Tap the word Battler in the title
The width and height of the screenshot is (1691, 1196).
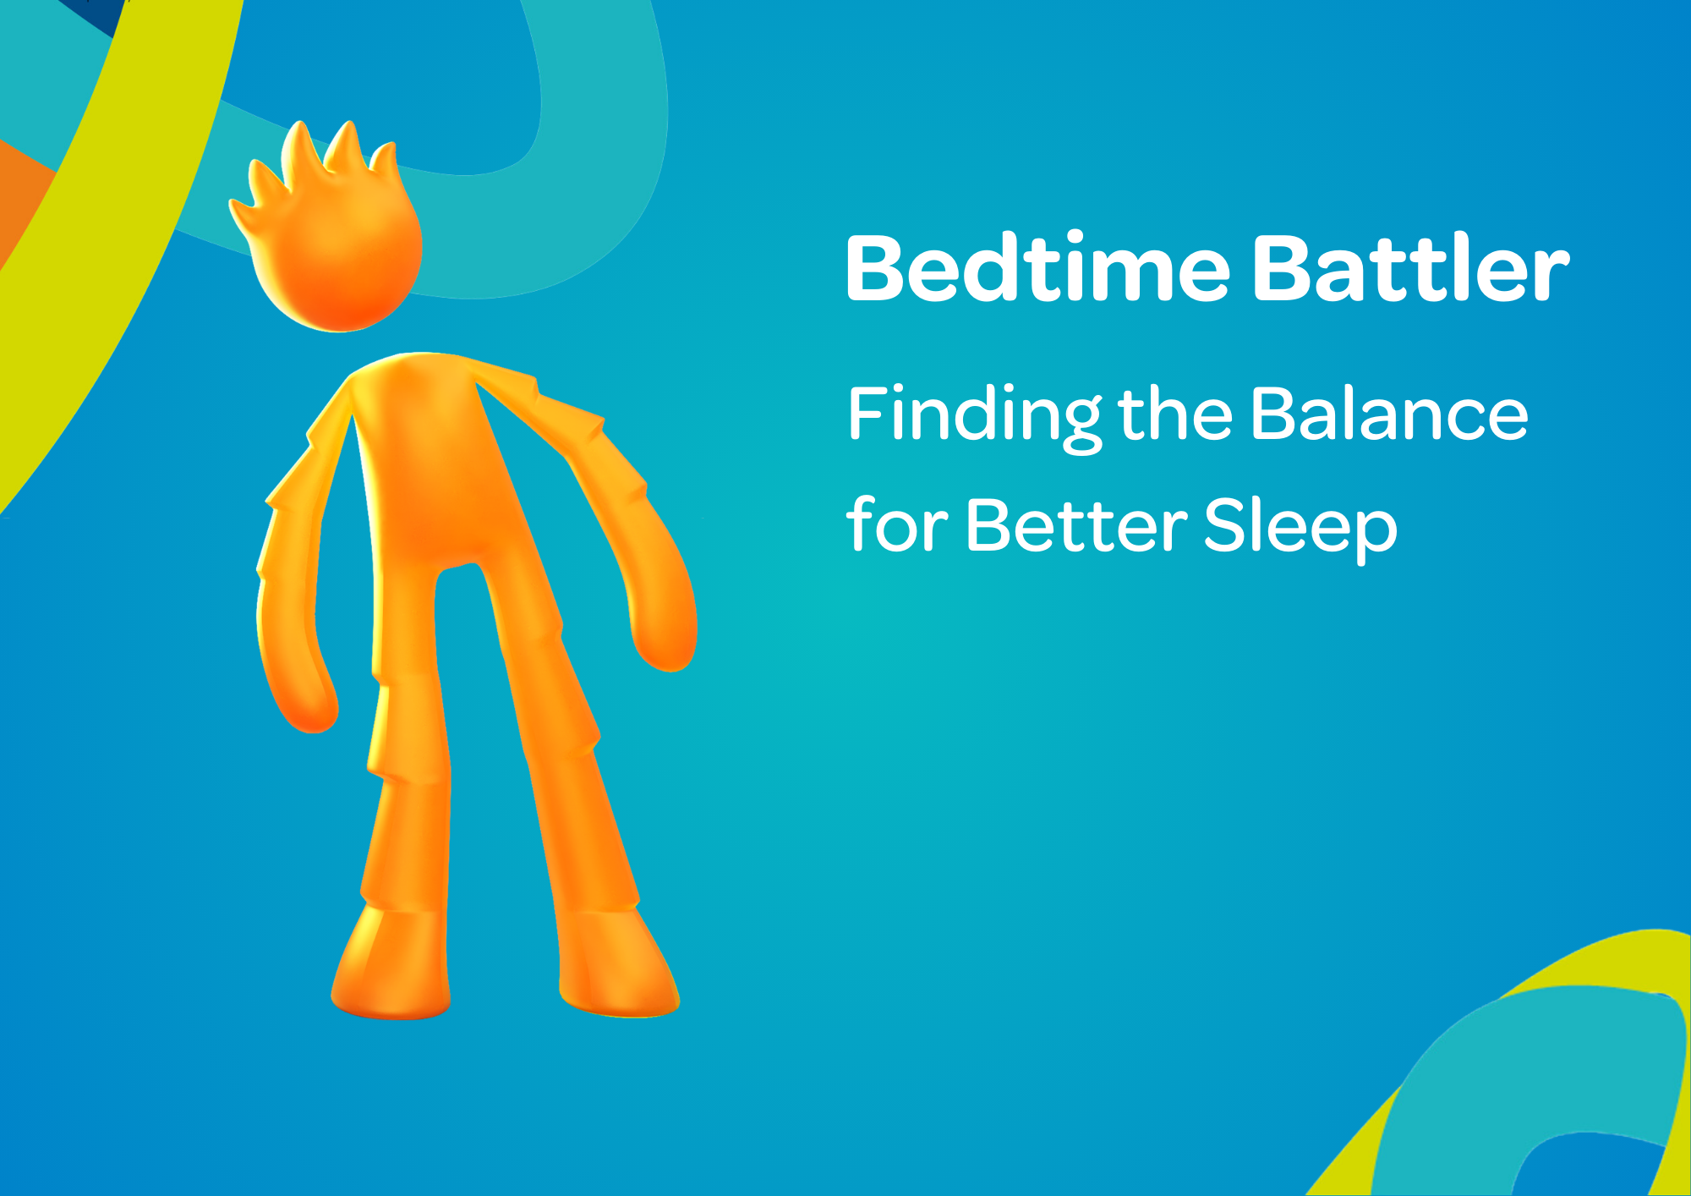[1409, 269]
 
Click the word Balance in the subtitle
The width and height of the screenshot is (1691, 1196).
[1389, 414]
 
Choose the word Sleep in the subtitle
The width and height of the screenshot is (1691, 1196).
[1300, 526]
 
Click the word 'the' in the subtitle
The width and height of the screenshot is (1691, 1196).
[1175, 414]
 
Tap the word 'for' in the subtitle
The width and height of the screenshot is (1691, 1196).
[896, 526]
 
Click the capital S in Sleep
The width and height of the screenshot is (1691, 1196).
[1224, 526]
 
